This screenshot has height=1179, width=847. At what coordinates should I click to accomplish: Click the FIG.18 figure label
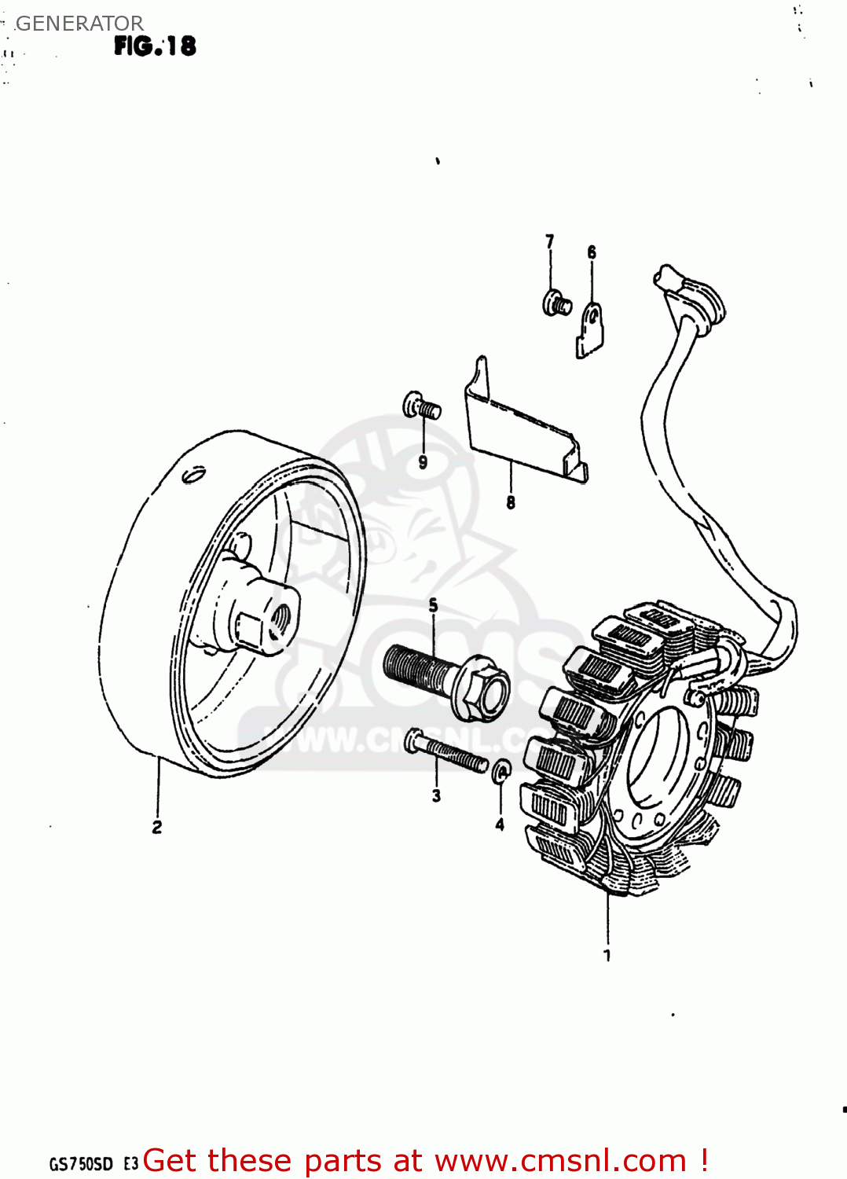(155, 46)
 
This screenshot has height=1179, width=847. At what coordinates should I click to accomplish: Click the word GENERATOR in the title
(79, 24)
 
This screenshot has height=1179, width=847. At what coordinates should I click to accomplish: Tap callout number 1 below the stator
(607, 955)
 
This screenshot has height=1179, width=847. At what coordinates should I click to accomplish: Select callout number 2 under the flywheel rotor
(157, 827)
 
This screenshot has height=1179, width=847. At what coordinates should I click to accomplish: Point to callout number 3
(436, 795)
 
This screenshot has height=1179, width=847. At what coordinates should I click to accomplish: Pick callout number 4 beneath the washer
(500, 825)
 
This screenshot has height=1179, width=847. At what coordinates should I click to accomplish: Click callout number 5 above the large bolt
(433, 605)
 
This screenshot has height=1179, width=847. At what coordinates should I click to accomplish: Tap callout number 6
(592, 252)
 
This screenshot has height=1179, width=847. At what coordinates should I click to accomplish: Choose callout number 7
(550, 241)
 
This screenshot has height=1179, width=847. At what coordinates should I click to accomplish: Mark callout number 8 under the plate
(511, 502)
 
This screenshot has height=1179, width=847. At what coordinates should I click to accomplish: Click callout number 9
(423, 462)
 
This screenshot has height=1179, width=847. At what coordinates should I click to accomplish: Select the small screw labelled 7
(556, 303)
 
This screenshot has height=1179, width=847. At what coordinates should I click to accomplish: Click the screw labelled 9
(420, 407)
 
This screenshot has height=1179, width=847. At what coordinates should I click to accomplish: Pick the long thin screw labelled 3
(445, 751)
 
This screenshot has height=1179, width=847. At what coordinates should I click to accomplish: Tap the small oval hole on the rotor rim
(192, 475)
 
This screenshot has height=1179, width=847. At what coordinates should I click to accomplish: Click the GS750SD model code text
(82, 1164)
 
